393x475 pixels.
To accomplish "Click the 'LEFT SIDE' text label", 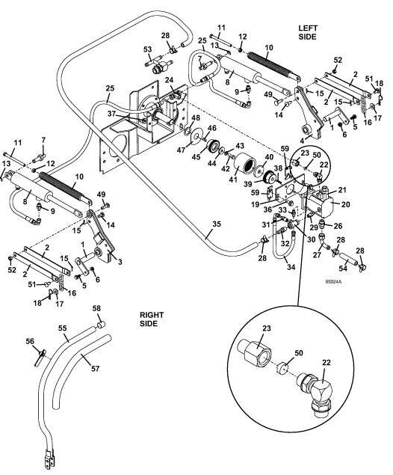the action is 307,32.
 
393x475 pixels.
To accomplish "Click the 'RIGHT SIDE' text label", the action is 151,319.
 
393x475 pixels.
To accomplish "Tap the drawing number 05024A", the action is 333,282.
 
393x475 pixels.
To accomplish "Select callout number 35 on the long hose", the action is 217,224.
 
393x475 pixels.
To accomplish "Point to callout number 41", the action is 233,180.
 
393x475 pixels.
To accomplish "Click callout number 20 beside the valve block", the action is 345,204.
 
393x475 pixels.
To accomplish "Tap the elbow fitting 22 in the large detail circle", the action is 317,393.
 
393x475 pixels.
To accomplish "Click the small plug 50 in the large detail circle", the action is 282,367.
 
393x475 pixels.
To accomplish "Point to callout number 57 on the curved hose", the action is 96,368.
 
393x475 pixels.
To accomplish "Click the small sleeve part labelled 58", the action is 102,325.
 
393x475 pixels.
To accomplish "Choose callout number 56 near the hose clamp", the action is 30,341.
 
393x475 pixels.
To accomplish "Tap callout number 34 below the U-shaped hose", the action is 291,267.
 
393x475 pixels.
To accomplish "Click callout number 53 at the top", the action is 147,49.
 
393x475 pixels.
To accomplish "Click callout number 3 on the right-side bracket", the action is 120,262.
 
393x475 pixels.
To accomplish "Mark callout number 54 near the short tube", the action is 343,268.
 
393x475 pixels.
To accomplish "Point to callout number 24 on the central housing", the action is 169,80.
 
